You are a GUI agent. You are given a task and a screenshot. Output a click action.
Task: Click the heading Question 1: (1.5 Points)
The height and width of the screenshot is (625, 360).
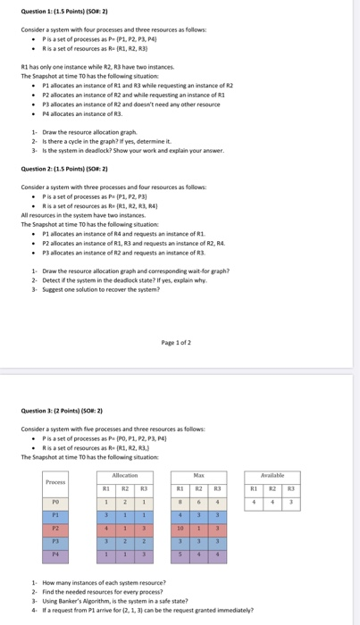tap(63, 11)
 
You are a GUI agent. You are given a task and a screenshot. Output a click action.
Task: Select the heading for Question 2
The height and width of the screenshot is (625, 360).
tap(63, 168)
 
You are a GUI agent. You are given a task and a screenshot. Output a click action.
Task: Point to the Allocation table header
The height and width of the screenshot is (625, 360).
tap(125, 476)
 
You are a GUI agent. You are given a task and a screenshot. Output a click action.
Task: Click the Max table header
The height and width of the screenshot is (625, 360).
tap(198, 476)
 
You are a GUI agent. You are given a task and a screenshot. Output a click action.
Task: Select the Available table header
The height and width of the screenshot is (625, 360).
tap(272, 476)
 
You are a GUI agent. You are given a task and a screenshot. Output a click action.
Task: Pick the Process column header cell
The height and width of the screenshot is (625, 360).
tap(55, 482)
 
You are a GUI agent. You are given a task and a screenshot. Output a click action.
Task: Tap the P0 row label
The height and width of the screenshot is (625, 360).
tap(55, 502)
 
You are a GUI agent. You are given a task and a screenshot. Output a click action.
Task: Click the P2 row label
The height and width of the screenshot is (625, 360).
tap(55, 528)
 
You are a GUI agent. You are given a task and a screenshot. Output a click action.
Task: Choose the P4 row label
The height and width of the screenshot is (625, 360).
tap(55, 554)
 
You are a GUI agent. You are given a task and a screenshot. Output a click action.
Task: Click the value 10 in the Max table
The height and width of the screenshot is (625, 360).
tap(180, 528)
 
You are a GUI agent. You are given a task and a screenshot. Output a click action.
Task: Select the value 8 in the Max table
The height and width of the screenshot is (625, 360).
tap(180, 502)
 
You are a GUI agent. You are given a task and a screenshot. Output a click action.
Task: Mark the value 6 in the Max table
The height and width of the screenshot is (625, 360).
tap(198, 502)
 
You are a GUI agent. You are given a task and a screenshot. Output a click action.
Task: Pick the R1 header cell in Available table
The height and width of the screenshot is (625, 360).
tap(255, 488)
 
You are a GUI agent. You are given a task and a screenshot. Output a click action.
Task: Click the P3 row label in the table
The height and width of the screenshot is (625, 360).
tap(55, 541)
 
